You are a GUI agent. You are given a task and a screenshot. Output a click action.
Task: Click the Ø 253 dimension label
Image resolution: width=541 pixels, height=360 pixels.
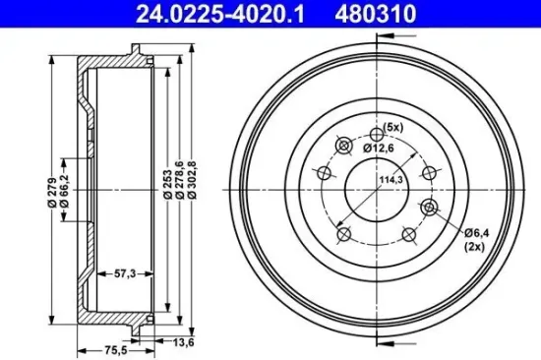pos(170,183)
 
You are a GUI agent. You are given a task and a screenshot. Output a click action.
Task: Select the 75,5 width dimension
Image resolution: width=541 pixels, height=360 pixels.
pos(90,347)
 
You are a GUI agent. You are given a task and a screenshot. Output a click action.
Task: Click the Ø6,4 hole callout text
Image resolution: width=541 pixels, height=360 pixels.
pos(478,232)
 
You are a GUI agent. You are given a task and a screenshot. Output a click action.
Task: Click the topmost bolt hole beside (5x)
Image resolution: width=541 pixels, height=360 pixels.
pos(376,136)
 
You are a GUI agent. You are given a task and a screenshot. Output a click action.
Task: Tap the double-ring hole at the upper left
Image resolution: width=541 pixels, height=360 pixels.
pos(343,147)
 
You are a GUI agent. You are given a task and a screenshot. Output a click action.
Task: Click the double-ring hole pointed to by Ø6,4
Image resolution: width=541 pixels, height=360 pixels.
pos(429,207)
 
